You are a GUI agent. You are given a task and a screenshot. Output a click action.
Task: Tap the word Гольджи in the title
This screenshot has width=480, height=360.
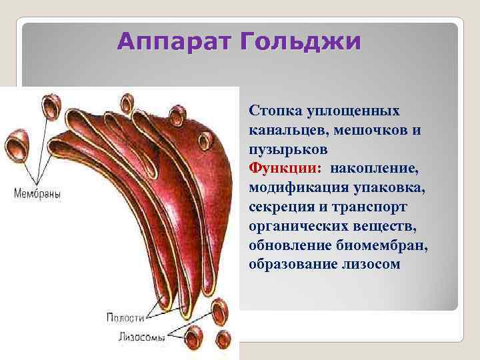pos(303,42)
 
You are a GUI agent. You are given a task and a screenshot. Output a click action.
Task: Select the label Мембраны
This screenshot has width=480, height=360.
pos(37,195)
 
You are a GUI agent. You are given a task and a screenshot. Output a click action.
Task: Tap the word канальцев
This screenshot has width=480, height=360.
pos(287,127)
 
